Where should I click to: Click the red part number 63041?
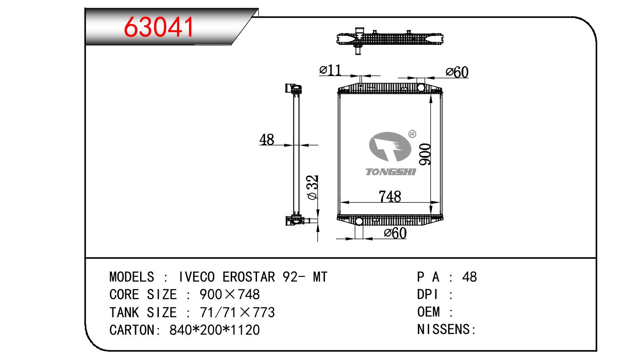click(159, 27)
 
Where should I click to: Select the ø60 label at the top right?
click(457, 72)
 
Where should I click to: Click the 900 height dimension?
click(425, 154)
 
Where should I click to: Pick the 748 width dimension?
click(390, 196)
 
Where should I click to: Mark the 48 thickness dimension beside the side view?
click(267, 140)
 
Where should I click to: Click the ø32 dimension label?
click(313, 187)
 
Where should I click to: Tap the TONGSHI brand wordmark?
click(391, 172)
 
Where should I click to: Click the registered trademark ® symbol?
click(412, 134)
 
